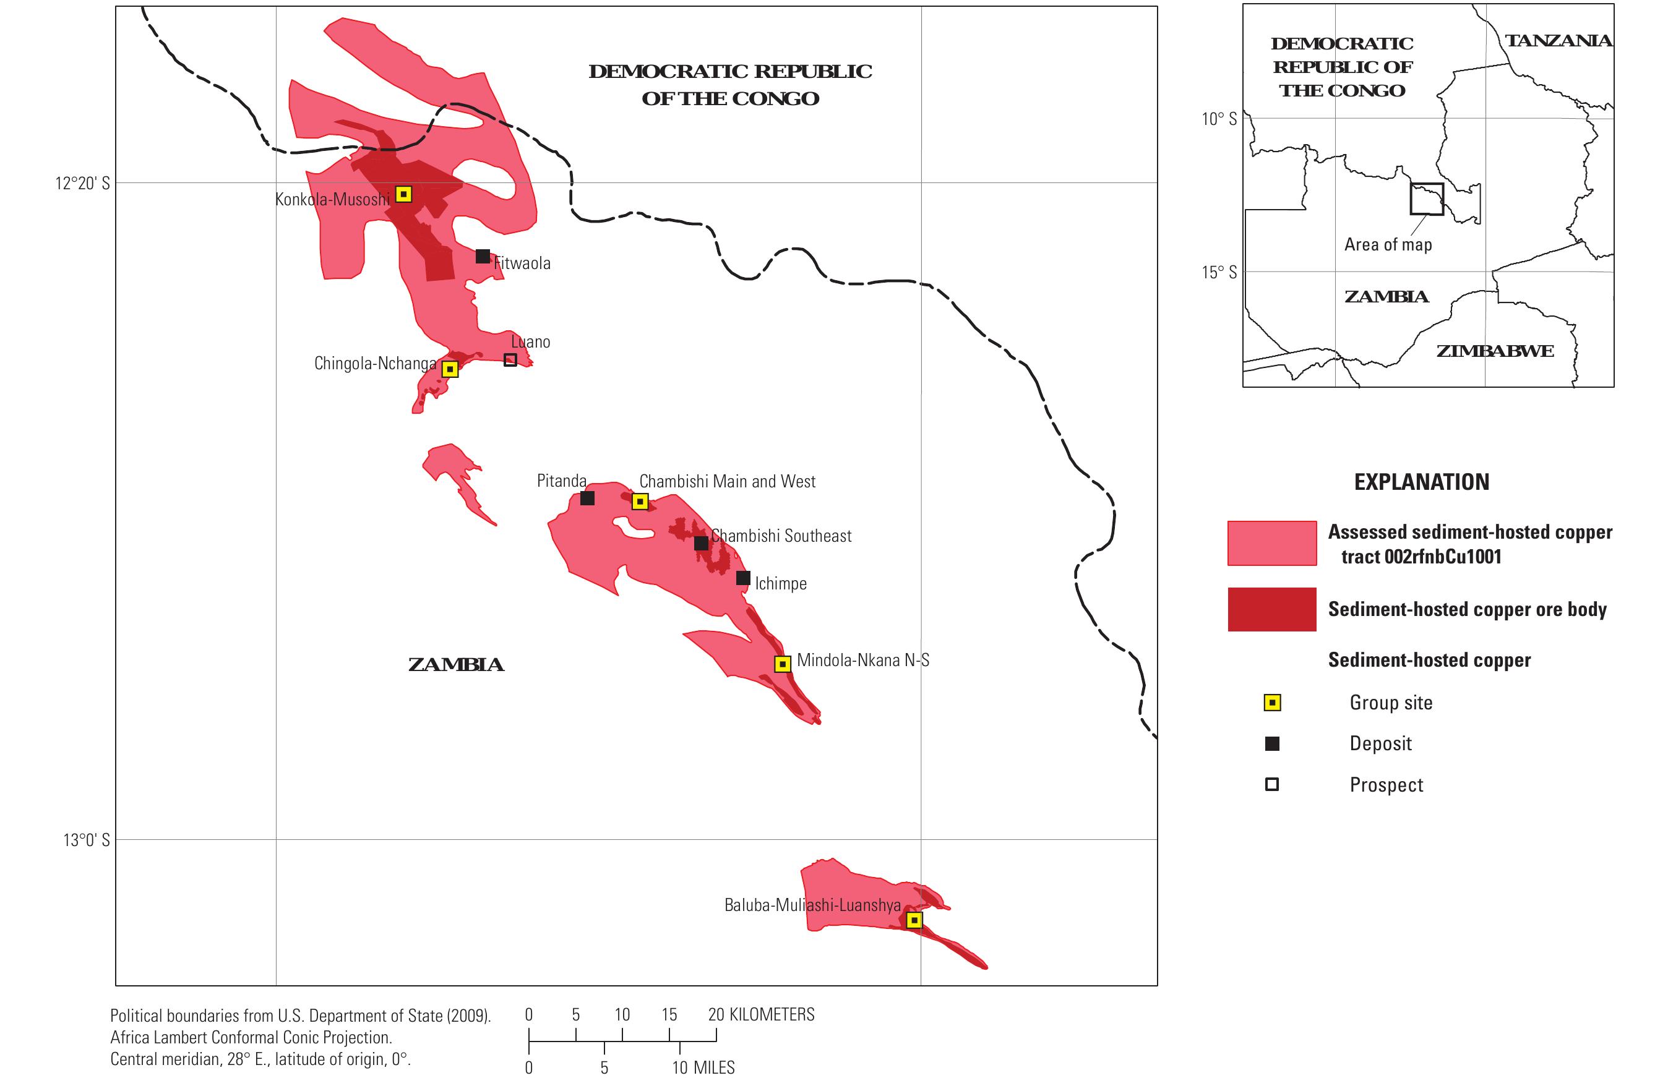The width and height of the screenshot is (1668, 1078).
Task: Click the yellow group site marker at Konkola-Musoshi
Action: pos(403,194)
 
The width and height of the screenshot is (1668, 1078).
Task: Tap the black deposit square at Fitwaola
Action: pos(483,256)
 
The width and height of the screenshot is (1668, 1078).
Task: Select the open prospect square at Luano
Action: pos(510,360)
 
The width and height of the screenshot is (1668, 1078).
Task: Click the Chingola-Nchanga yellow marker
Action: pos(450,369)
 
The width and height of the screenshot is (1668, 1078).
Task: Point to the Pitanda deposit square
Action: pos(588,498)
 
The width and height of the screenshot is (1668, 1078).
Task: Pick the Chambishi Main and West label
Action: pos(727,482)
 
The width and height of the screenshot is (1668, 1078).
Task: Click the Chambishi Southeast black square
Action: pos(701,543)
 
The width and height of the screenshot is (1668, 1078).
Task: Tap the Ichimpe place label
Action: pos(780,584)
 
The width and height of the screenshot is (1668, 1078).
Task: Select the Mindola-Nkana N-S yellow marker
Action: pos(783,664)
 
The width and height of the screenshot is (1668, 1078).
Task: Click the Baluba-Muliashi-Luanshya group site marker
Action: pos(914,920)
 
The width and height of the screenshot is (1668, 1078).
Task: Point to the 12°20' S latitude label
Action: pos(83,184)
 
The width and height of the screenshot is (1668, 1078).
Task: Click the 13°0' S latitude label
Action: pos(86,840)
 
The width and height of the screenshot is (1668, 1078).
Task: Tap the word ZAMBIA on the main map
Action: pos(456,665)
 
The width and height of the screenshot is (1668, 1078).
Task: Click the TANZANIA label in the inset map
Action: pos(1558,41)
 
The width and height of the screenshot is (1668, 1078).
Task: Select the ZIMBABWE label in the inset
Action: pos(1494,351)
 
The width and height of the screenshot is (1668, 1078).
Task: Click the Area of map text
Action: pos(1388,245)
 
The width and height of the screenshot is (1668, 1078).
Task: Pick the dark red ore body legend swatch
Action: pos(1271,610)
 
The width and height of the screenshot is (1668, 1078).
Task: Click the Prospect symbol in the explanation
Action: pos(1271,785)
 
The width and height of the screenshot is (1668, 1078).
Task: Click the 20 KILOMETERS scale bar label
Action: pos(761,1015)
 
